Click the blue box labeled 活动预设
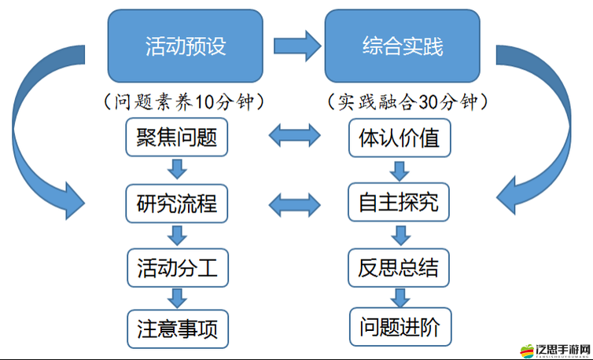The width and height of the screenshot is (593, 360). tap(186, 45)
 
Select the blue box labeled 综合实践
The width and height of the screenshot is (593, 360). tap(403, 45)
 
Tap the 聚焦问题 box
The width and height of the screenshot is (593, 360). tap(177, 139)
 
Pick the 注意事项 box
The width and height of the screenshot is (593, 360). tap(177, 328)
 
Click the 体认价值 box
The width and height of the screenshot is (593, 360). tap(400, 139)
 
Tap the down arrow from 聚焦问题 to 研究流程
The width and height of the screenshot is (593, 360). tap(177, 171)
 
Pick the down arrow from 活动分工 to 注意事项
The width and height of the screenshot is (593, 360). tap(177, 297)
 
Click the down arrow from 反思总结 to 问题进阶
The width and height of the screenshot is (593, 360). tap(400, 296)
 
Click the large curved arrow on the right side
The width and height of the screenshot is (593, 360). tap(551, 134)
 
